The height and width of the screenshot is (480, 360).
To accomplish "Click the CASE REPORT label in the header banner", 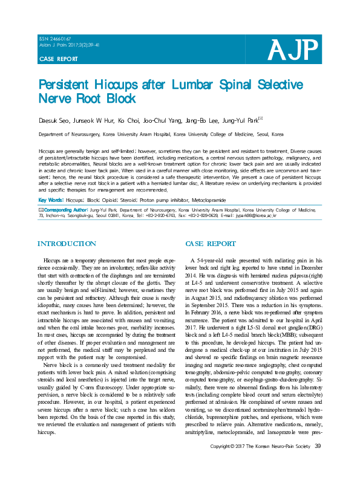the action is [x=58, y=59].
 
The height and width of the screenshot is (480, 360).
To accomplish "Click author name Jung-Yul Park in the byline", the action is [x=240, y=120].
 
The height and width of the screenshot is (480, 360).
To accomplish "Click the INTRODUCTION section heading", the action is [x=67, y=244].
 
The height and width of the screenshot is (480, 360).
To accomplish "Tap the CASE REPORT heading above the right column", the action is [x=211, y=244].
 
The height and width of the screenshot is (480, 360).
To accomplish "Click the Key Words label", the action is [x=50, y=199].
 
